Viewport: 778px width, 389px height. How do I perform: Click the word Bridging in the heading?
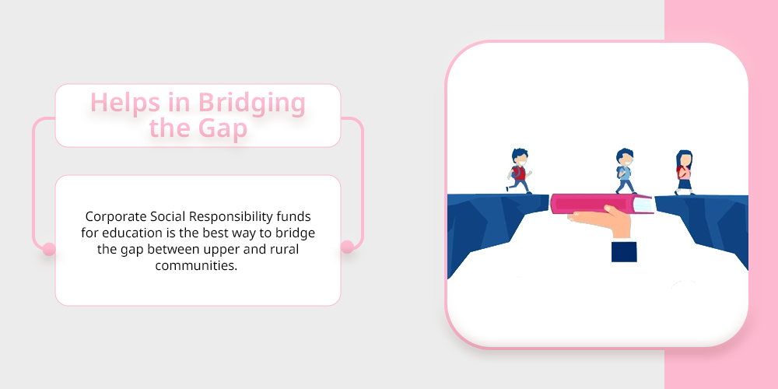pyautogui.click(x=251, y=103)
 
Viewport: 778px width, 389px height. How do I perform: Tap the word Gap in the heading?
pyautogui.click(x=223, y=128)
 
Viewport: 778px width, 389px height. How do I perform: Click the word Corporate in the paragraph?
pyautogui.click(x=116, y=217)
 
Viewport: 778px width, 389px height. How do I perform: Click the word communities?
pyautogui.click(x=197, y=265)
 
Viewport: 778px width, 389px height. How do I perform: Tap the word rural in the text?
pyautogui.click(x=285, y=249)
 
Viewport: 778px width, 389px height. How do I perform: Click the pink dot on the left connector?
pyautogui.click(x=48, y=249)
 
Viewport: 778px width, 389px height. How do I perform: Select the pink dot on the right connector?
pyautogui.click(x=347, y=247)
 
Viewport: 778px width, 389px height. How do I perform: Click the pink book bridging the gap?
pyautogui.click(x=602, y=204)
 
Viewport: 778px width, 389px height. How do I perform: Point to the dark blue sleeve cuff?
pyautogui.click(x=624, y=251)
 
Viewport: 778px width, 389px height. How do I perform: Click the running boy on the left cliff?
pyautogui.click(x=519, y=171)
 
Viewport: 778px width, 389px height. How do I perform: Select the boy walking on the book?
pyautogui.click(x=626, y=171)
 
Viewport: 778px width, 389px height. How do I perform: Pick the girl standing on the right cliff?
pyautogui.click(x=684, y=172)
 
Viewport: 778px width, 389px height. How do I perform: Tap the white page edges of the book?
pyautogui.click(x=643, y=205)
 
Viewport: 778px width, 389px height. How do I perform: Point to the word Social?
pyautogui.click(x=168, y=217)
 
